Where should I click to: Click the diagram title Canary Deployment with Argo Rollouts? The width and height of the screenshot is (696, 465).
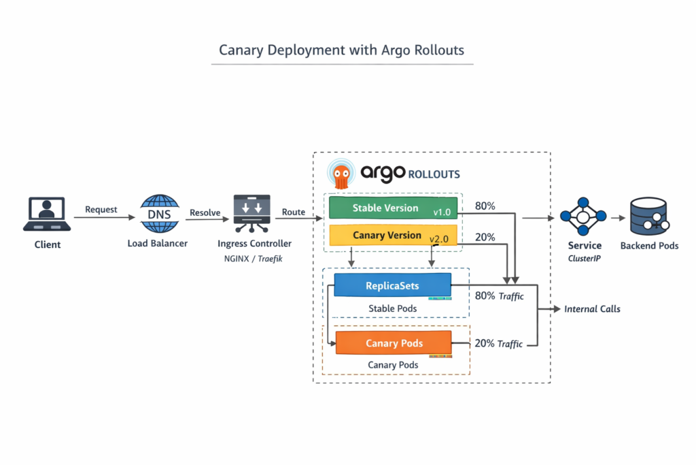click(342, 50)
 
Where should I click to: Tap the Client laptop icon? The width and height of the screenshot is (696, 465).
click(47, 214)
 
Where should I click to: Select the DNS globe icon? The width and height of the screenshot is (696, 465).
click(159, 214)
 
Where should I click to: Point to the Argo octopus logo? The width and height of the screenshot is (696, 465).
click(340, 174)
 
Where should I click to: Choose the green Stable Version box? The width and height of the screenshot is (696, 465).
click(385, 208)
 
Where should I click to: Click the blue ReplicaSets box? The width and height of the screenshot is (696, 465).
click(392, 286)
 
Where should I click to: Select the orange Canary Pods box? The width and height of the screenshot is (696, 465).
click(394, 342)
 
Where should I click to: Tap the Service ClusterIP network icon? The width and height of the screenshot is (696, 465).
click(582, 217)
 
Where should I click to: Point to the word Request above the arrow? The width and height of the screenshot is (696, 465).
click(101, 210)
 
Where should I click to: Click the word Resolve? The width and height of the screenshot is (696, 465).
click(205, 212)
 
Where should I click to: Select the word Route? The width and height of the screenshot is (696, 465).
click(294, 212)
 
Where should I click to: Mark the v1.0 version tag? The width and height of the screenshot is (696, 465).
click(442, 213)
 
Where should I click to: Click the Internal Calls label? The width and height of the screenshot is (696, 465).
click(592, 309)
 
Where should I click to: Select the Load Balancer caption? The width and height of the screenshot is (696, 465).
click(157, 243)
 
